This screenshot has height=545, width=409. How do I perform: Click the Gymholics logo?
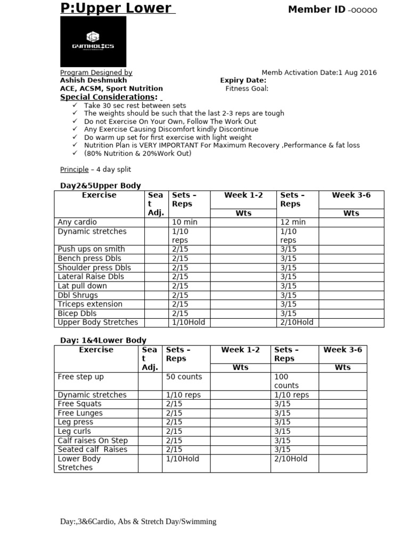[x=93, y=42]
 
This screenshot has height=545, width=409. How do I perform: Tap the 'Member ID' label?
[x=317, y=9]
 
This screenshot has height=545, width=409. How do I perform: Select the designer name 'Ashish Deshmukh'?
[x=93, y=80]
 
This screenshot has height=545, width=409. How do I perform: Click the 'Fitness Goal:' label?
[x=247, y=89]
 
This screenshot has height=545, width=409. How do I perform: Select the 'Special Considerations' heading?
[x=109, y=97]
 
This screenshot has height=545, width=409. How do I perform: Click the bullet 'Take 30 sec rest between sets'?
[x=135, y=105]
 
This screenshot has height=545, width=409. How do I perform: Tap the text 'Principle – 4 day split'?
[x=95, y=169]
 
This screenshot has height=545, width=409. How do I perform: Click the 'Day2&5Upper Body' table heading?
[x=100, y=186]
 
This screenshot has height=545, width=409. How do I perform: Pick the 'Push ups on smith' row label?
[x=91, y=249]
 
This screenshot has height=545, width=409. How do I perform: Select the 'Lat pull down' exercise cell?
[x=82, y=286]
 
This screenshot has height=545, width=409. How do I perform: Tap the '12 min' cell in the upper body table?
[x=292, y=222]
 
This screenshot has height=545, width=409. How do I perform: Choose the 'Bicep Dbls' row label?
[x=77, y=313]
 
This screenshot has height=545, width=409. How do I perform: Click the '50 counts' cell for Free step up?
[x=184, y=377]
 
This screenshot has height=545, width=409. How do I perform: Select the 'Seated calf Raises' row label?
[x=93, y=450]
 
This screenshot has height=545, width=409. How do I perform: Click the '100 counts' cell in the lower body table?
[x=287, y=381]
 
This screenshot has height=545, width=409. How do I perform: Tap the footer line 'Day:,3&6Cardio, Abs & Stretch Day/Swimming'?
[x=138, y=522]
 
